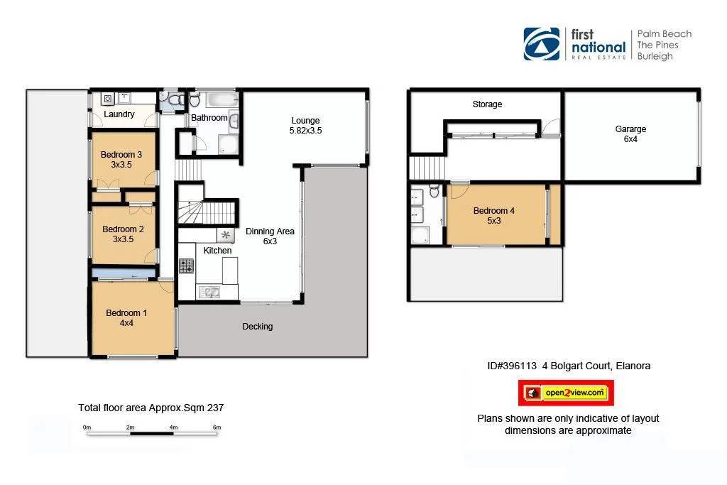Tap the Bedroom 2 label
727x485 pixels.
[x=123, y=234]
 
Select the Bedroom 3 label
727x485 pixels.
[x=121, y=160]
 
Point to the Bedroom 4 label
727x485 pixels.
[x=493, y=215]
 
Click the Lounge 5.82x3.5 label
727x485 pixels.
[x=305, y=126]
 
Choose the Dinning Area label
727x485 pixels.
[x=270, y=236]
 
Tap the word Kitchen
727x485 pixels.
[x=217, y=251]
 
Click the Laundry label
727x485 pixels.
[x=119, y=114]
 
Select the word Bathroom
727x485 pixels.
[x=209, y=118]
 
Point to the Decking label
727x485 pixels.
[x=257, y=327]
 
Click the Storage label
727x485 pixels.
[x=487, y=104]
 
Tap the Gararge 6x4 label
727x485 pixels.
[x=630, y=134]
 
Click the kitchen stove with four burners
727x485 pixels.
[x=186, y=266]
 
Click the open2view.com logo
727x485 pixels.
[x=566, y=393]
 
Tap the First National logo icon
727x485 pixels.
[x=542, y=44]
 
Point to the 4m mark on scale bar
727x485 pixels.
[x=173, y=427]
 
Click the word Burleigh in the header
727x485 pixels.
[x=655, y=56]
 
